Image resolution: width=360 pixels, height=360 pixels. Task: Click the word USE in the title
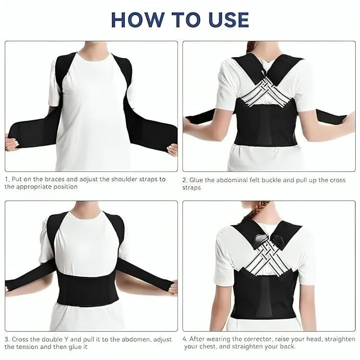225,19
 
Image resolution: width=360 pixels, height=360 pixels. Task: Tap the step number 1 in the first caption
7,179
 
